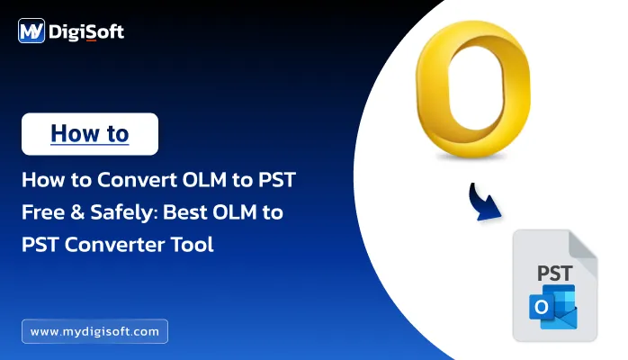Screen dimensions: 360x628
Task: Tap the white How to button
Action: pyautogui.click(x=90, y=134)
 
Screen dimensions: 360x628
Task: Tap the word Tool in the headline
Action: pyautogui.click(x=193, y=243)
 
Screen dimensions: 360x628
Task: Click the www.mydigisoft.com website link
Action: pyautogui.click(x=94, y=331)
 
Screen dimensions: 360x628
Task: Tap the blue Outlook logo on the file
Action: pyautogui.click(x=552, y=308)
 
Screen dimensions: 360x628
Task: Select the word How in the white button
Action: pyautogui.click(x=69, y=134)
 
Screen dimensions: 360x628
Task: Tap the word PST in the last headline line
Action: pyautogui.click(x=40, y=243)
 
